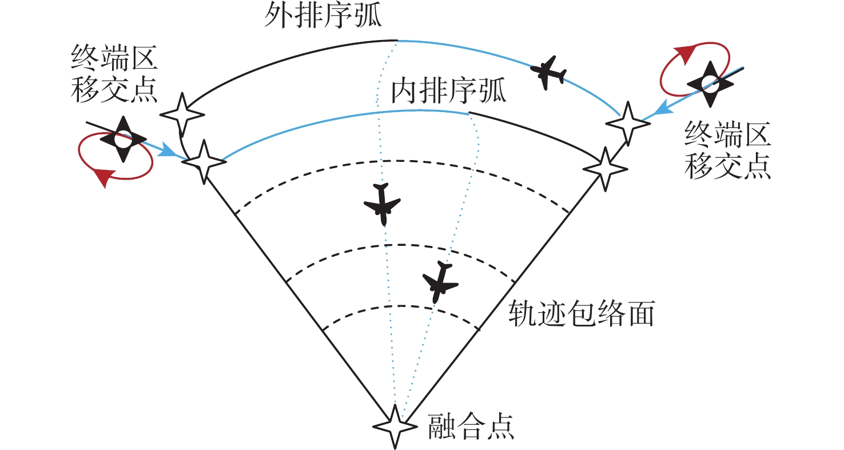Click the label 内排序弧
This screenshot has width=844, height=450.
[x=449, y=91]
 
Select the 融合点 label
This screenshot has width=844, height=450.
[x=471, y=427]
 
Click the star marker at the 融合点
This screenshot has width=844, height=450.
[x=394, y=427]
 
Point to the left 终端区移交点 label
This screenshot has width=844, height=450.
[x=114, y=74]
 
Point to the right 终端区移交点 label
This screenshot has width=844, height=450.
[x=728, y=152]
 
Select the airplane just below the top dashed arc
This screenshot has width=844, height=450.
[x=382, y=205]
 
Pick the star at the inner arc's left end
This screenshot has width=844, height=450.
[x=204, y=162]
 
